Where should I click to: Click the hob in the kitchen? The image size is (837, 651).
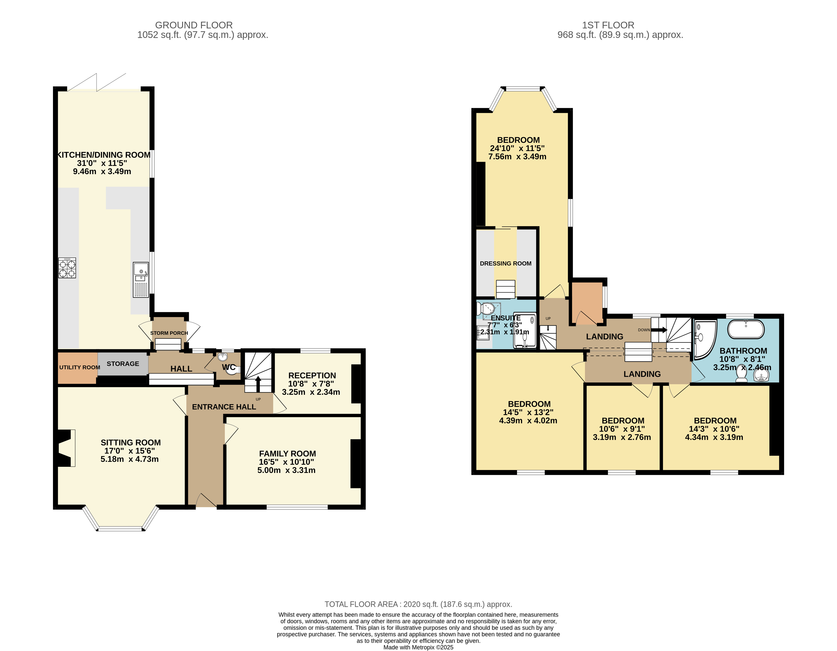point(67,268)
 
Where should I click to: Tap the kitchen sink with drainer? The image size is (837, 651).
point(141,280)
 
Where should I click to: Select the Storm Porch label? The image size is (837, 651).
point(169,333)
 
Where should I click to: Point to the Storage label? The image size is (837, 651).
point(123,364)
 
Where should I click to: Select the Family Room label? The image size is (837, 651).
point(287,454)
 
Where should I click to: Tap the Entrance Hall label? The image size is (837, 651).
point(224,407)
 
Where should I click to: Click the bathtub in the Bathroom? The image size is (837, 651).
point(746,329)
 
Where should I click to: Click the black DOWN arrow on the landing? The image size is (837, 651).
point(659,330)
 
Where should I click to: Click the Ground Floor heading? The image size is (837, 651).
point(194,25)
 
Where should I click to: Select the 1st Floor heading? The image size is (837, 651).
point(608,25)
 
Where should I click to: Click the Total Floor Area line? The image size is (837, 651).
point(418,604)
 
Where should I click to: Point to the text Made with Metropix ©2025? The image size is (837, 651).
point(418,647)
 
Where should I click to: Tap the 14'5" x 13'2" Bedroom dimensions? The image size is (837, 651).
point(528,412)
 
